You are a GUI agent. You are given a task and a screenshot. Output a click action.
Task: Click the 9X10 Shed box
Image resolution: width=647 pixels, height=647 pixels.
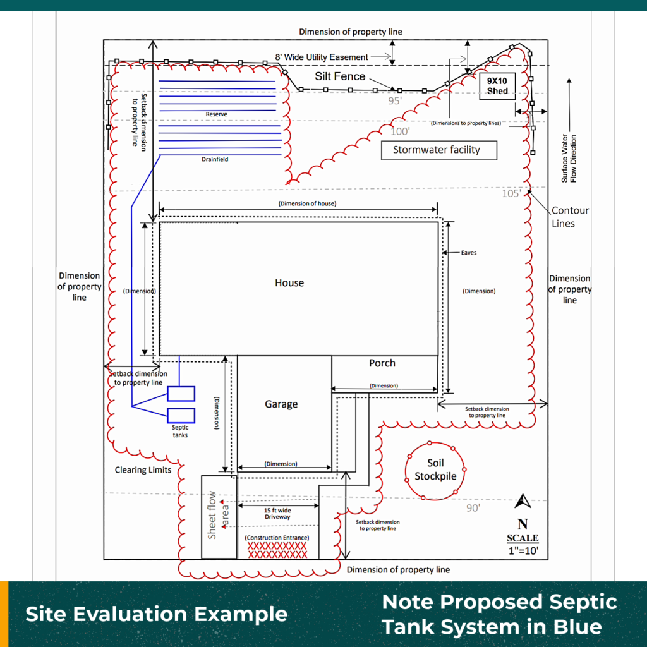point(497,85)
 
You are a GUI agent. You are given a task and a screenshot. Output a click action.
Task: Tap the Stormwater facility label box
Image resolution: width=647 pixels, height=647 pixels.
point(437,150)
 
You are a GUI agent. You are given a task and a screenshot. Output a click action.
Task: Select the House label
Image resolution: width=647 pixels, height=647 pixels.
point(289,283)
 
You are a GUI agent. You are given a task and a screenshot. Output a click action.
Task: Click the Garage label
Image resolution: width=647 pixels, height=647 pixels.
point(281,404)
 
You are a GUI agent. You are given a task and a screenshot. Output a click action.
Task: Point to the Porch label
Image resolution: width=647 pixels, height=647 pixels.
point(382,363)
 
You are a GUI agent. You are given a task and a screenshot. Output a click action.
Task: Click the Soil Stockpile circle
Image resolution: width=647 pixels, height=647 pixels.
point(435,470)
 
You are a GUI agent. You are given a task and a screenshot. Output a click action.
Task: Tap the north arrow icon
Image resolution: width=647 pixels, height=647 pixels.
point(523,502)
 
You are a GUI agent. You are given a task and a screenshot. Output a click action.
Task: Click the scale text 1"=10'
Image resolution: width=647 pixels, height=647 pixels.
point(523,550)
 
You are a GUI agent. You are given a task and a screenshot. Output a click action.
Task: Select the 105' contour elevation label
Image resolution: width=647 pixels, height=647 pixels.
point(511,193)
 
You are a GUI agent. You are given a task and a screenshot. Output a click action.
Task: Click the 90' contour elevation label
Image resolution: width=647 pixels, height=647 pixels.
point(473,508)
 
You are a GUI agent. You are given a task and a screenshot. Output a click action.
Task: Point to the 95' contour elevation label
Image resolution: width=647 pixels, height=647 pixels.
point(395,100)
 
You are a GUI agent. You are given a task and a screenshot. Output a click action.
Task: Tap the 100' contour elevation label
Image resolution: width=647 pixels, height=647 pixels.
point(400,131)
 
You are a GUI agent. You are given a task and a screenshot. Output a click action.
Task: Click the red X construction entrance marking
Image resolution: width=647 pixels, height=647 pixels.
point(277,550)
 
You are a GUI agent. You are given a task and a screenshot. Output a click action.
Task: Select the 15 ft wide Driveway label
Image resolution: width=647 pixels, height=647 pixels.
point(277,513)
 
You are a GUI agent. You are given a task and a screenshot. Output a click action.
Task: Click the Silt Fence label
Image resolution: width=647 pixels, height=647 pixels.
point(340,76)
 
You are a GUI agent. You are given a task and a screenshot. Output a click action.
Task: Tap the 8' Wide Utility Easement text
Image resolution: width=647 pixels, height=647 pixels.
point(322,57)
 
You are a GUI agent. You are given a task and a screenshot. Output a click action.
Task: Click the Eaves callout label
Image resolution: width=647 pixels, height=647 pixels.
point(468,253)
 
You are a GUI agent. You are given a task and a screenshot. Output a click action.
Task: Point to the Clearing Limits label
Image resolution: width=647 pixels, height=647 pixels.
point(143,470)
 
